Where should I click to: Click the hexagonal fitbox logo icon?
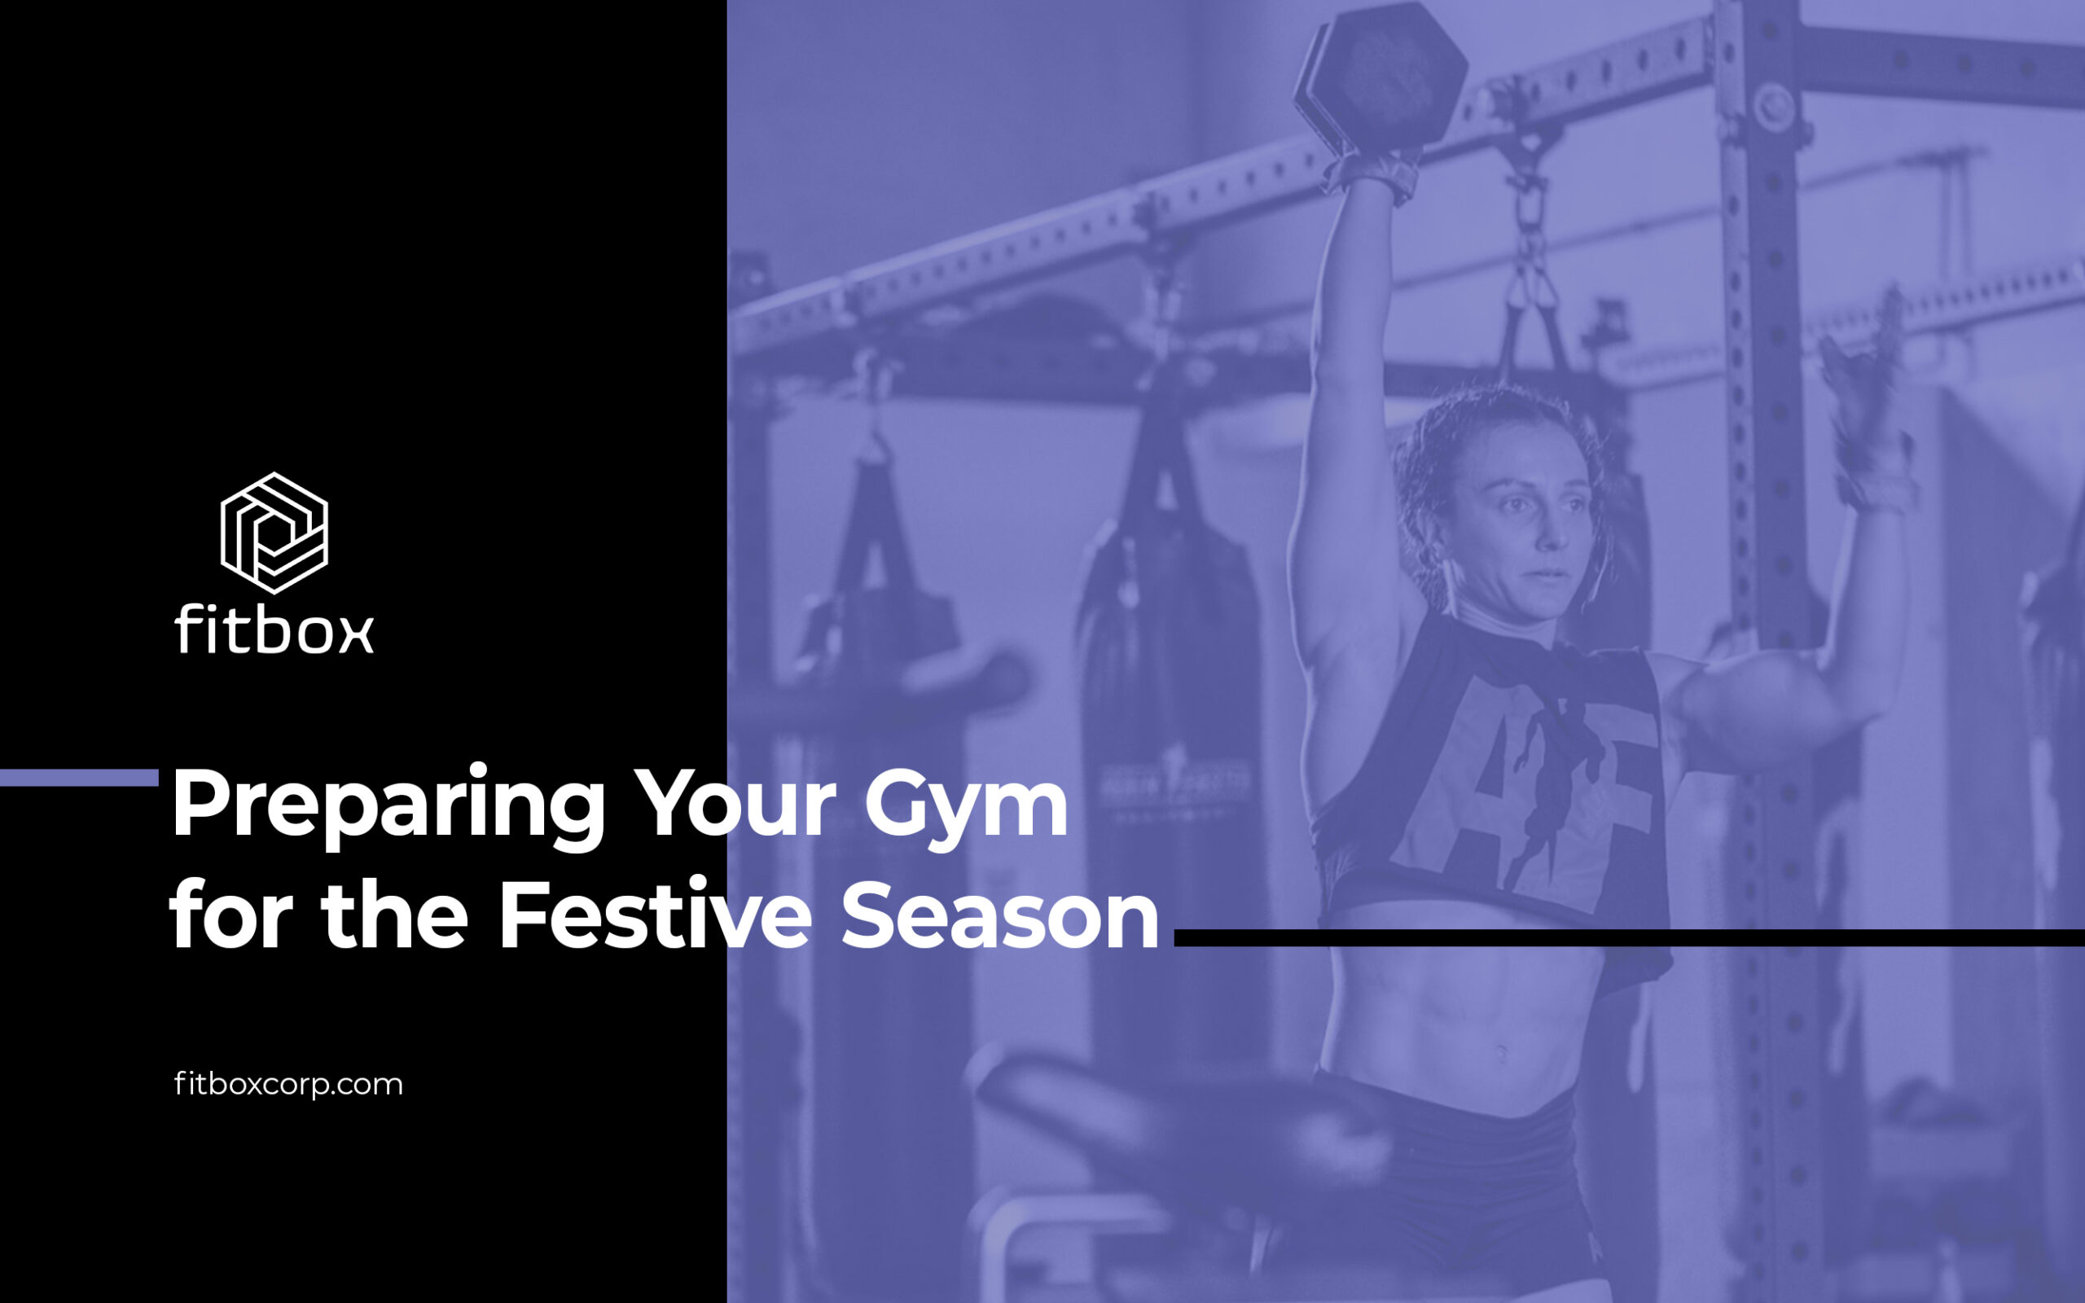(274, 533)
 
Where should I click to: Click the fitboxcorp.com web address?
(288, 1083)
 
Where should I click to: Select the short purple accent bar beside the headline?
(79, 777)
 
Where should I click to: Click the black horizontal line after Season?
(1629, 937)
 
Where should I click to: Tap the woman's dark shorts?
(1456, 1189)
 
